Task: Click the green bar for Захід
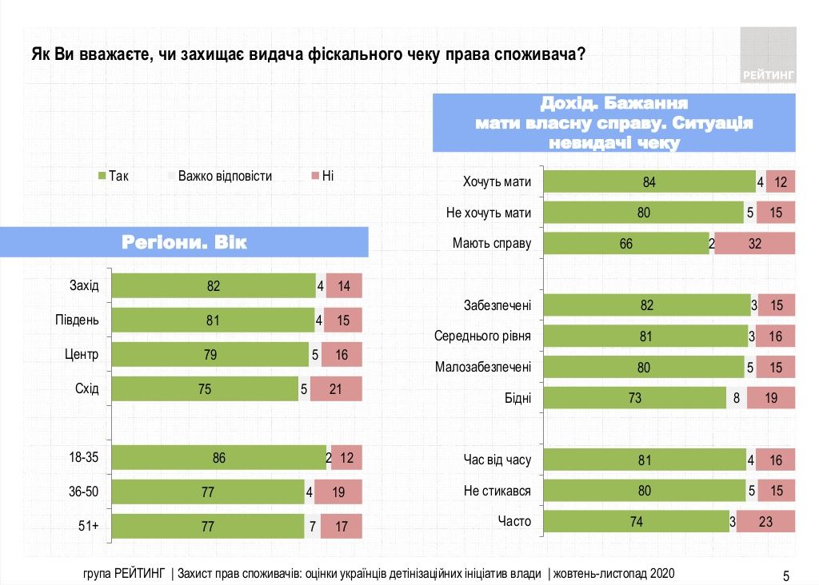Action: coord(214,285)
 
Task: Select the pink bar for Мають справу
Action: coord(754,244)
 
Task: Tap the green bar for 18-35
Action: coord(219,457)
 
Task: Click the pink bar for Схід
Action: coord(336,388)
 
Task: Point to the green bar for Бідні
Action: coord(635,397)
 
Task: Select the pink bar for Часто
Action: coord(765,521)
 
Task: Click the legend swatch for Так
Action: coord(102,176)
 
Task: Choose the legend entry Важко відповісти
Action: coord(225,176)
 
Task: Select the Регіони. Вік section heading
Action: coord(184,242)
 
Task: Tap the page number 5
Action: coord(785,575)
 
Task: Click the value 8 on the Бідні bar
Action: coord(736,397)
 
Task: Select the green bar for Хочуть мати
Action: coord(649,182)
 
